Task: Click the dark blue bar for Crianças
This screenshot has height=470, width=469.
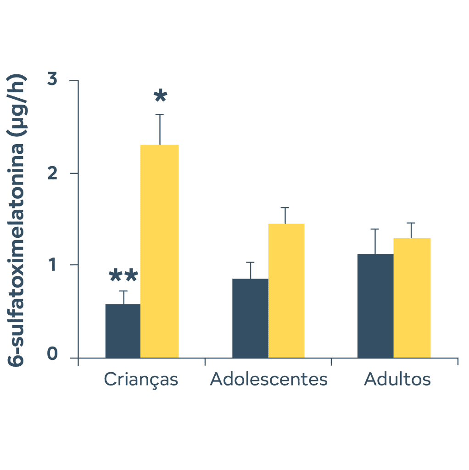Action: (x=123, y=331)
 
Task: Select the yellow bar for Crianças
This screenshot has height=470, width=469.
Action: (x=159, y=251)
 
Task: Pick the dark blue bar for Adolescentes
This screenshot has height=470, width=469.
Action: (x=250, y=318)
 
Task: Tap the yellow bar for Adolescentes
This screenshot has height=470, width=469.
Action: (x=286, y=291)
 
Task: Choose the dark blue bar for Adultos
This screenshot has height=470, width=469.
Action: (x=375, y=306)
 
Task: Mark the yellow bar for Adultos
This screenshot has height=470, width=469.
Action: (x=412, y=298)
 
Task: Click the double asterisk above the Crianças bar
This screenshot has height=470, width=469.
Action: (x=123, y=276)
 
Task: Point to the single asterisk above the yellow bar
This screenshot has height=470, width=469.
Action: (x=160, y=96)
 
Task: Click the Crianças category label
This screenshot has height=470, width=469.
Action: (x=141, y=380)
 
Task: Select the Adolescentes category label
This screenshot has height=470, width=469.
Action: (x=269, y=380)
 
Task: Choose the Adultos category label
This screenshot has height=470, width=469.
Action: (x=397, y=380)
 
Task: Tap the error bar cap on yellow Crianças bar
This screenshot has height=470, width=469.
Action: (x=160, y=114)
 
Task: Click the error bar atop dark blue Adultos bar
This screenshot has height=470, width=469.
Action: (x=375, y=241)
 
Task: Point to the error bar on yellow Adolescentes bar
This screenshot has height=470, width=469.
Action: (x=285, y=215)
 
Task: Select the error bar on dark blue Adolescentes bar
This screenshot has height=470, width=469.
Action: (x=250, y=270)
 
